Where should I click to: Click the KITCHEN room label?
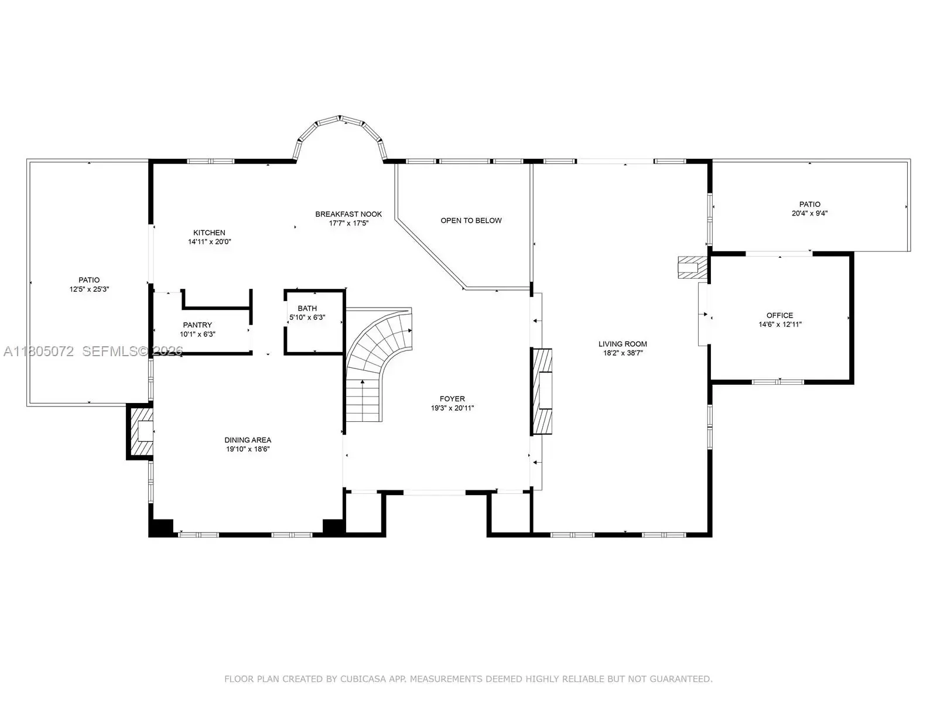[x=209, y=233]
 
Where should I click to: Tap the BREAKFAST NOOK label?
[x=348, y=214]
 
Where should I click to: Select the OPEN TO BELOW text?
[x=471, y=221]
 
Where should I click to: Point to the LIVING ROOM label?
[x=623, y=344]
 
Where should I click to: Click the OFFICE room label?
[x=779, y=315]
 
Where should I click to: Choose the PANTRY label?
[x=197, y=325]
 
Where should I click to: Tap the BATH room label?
[x=307, y=308]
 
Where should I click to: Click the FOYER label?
[x=452, y=399]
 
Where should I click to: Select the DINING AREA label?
[x=248, y=440]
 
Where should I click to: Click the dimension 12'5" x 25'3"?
[x=89, y=289]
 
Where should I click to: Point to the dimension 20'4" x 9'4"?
[x=809, y=213]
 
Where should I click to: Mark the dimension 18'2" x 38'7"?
[x=623, y=353]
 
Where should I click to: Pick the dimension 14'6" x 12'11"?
[x=779, y=325]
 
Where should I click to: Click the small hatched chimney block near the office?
[x=692, y=268]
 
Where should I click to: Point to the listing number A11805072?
[x=39, y=351]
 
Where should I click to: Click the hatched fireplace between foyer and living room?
[x=541, y=391]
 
